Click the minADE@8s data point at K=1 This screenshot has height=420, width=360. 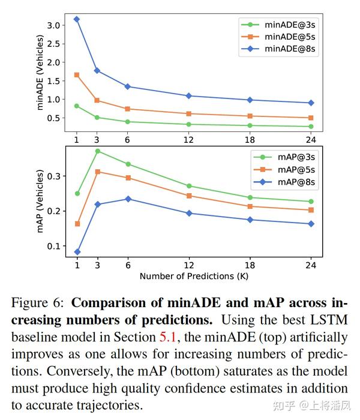coord(76,19)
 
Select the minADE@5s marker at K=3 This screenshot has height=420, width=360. coord(97,100)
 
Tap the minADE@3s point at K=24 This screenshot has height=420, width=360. coord(311,127)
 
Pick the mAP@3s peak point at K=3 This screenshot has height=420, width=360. coord(97,151)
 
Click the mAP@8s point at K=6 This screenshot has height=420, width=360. coord(127,199)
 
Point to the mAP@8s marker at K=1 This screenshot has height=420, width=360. coord(77,252)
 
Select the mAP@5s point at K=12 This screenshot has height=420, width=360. coord(189,196)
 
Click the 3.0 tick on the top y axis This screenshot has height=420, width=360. coord(55,25)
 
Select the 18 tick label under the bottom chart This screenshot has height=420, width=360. coord(250,265)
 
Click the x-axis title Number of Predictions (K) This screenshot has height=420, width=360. coord(193,276)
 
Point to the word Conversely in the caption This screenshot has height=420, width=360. coord(94,372)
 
